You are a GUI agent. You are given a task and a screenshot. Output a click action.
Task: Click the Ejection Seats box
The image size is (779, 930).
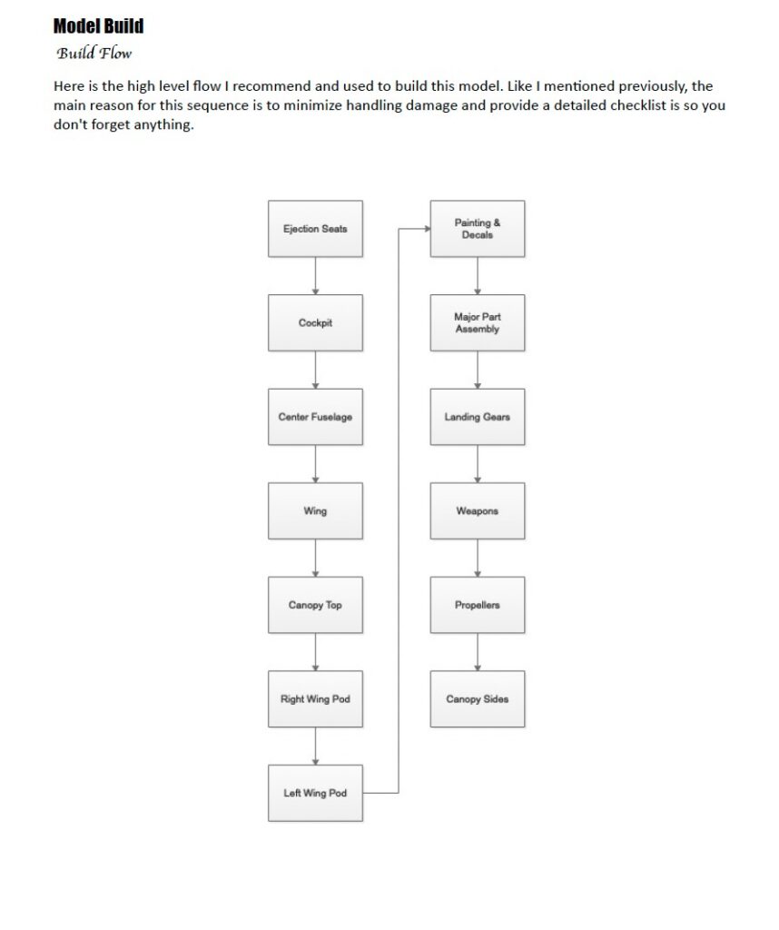[315, 228]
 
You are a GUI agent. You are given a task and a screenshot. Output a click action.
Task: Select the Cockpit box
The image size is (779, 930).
[315, 322]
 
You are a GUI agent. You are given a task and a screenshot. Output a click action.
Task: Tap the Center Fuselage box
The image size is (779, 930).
[315, 417]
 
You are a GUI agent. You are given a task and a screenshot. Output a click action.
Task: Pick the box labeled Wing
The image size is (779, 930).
[315, 510]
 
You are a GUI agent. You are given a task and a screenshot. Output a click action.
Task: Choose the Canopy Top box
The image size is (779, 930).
[315, 605]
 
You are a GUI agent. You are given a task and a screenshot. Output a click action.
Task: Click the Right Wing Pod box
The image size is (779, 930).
[315, 698]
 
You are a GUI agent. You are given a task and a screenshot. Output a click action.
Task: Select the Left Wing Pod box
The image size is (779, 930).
[315, 793]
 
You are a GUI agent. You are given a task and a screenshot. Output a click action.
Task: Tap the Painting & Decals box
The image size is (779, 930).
[478, 228]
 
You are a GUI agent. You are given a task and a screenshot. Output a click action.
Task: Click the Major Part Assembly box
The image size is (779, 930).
[478, 322]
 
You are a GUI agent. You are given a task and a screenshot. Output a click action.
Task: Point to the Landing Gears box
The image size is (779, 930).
[478, 417]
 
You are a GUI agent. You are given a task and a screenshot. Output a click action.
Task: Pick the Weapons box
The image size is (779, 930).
[478, 510]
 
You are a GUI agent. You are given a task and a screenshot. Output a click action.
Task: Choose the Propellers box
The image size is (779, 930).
[478, 605]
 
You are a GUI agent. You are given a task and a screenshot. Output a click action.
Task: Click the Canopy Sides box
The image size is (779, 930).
[478, 698]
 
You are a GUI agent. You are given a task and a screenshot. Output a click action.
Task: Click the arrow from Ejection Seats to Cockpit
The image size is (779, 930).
[315, 276]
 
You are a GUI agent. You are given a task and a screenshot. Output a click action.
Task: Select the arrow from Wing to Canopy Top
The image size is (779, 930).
[315, 559]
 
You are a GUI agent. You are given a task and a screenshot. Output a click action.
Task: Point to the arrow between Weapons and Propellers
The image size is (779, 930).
[478, 559]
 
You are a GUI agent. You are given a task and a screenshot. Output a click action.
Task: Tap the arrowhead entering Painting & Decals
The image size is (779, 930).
[428, 228]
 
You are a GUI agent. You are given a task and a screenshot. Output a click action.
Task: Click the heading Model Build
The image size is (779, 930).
[98, 26]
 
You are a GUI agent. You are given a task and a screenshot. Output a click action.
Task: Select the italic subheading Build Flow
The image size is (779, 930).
[94, 54]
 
